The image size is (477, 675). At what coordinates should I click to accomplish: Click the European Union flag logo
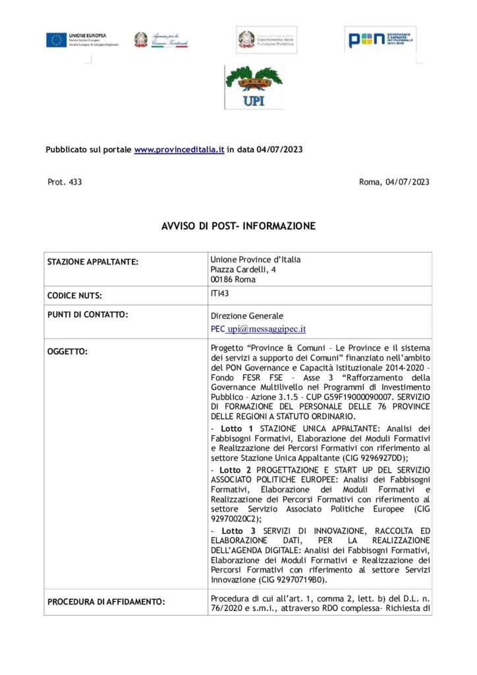pyautogui.click(x=56, y=40)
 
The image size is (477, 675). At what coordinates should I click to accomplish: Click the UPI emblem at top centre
pyautogui.click(x=254, y=86)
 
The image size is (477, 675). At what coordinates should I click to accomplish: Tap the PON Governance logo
pyautogui.click(x=380, y=40)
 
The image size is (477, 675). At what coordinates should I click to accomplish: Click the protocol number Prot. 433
pyautogui.click(x=65, y=182)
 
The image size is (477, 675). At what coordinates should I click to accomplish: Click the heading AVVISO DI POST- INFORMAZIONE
pyautogui.click(x=238, y=226)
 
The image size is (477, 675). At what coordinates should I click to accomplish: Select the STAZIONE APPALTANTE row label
pyautogui.click(x=93, y=262)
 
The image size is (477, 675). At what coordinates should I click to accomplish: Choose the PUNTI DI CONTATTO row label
pyautogui.click(x=88, y=314)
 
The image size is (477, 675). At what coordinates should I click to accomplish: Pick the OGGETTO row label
pyautogui.click(x=67, y=351)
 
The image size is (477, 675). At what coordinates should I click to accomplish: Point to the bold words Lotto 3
pyautogui.click(x=238, y=531)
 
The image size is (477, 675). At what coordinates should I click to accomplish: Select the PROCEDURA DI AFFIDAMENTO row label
pyautogui.click(x=105, y=601)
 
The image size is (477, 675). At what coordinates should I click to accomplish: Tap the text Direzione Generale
pyautogui.click(x=246, y=316)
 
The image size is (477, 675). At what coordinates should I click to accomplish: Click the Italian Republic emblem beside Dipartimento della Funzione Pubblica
pyautogui.click(x=246, y=39)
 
